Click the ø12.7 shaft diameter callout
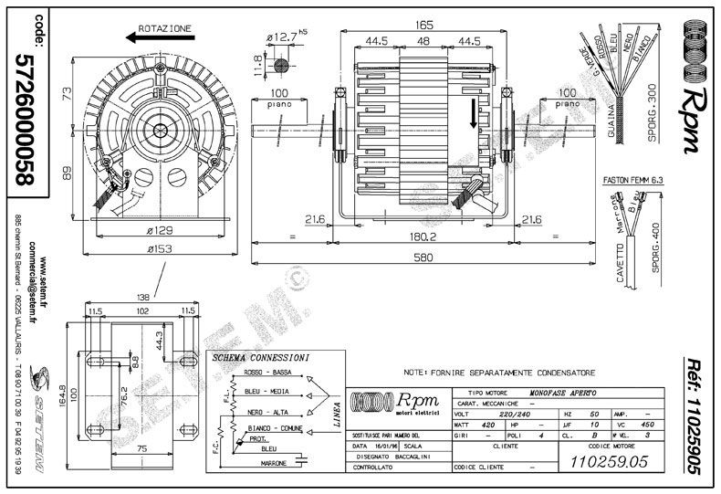(x=286, y=37)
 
